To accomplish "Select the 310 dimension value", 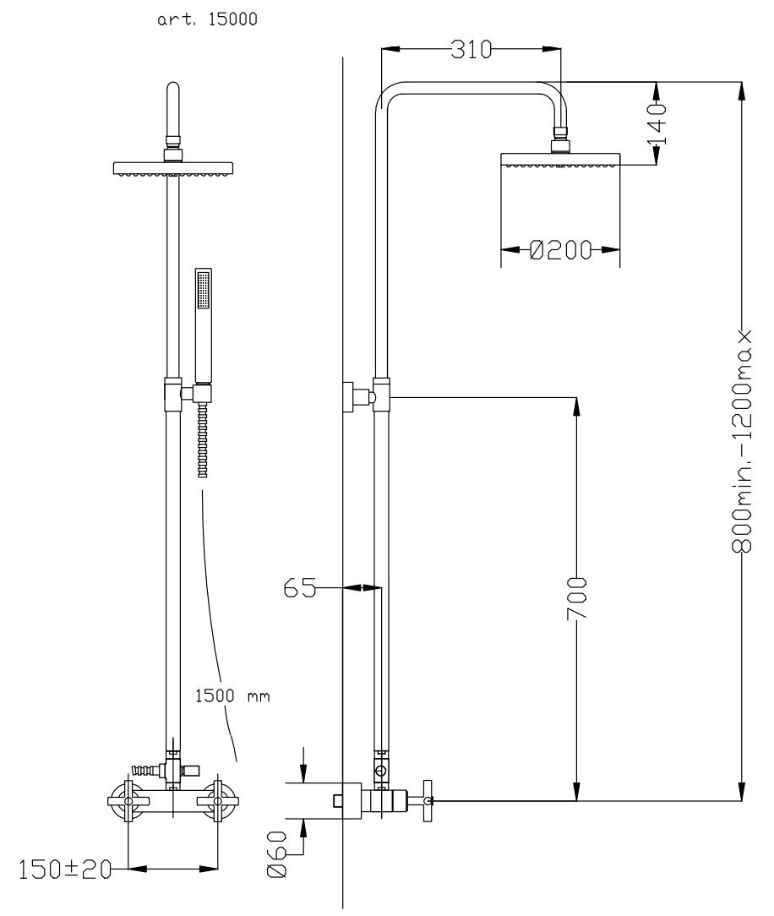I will click(471, 51).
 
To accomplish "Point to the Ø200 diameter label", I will click(560, 250).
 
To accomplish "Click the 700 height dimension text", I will click(578, 598).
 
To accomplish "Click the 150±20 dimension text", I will click(66, 869).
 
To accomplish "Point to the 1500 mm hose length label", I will click(231, 696).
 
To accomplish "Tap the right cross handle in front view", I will click(217, 797).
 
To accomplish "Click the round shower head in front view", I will click(172, 168).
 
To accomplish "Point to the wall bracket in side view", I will click(357, 395).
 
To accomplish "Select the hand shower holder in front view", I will click(199, 392).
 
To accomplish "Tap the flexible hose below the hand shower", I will click(203, 439).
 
